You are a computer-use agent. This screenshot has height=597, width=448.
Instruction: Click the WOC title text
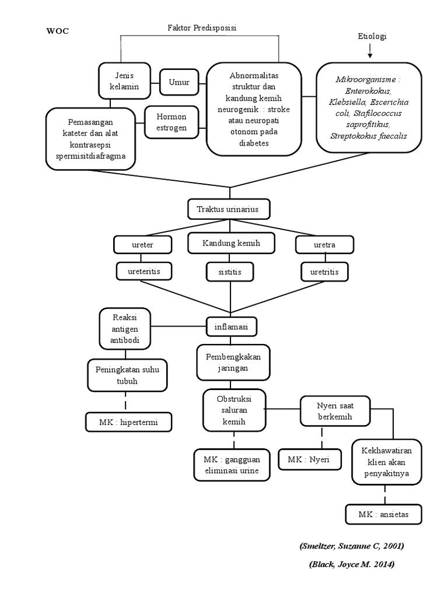57,31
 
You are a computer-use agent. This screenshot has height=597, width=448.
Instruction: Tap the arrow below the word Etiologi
370,52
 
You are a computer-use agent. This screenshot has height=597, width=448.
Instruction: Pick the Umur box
178,82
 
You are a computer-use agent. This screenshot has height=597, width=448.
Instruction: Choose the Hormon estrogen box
171,122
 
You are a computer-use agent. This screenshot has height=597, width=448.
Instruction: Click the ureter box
143,245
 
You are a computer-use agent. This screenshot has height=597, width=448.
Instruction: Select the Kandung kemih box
231,243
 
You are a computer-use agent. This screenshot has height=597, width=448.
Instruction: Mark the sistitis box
230,271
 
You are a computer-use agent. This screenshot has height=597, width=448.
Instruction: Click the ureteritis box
143,271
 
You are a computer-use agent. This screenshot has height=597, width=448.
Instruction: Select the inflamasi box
232,327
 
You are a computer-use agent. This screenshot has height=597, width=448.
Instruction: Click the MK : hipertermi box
129,422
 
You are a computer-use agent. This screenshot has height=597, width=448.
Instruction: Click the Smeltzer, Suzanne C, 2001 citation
353,546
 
